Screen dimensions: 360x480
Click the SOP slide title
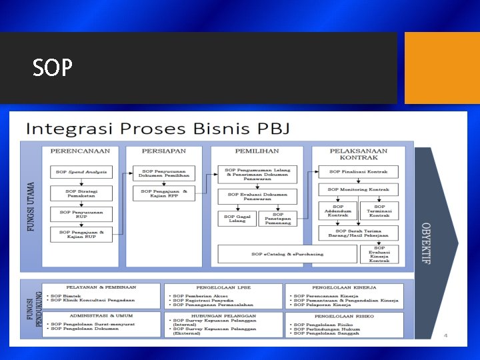tap(52, 67)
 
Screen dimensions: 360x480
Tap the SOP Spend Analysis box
tap(81, 172)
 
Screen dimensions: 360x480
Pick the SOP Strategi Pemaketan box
tap(81, 193)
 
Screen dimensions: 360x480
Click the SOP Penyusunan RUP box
tap(81, 214)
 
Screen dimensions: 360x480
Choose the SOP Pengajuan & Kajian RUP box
tap(81, 235)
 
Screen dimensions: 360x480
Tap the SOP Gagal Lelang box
tap(237, 219)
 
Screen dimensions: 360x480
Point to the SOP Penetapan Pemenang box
tap(278, 219)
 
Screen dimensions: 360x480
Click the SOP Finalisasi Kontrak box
tap(358, 172)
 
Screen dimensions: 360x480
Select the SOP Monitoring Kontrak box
tap(358, 190)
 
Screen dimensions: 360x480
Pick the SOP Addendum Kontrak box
tap(337, 211)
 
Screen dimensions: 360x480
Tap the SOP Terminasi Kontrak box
tap(379, 211)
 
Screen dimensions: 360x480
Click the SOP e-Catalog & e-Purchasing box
tap(287, 254)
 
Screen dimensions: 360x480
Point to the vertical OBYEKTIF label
tap(426, 243)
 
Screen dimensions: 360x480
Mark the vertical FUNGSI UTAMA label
tap(31, 207)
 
